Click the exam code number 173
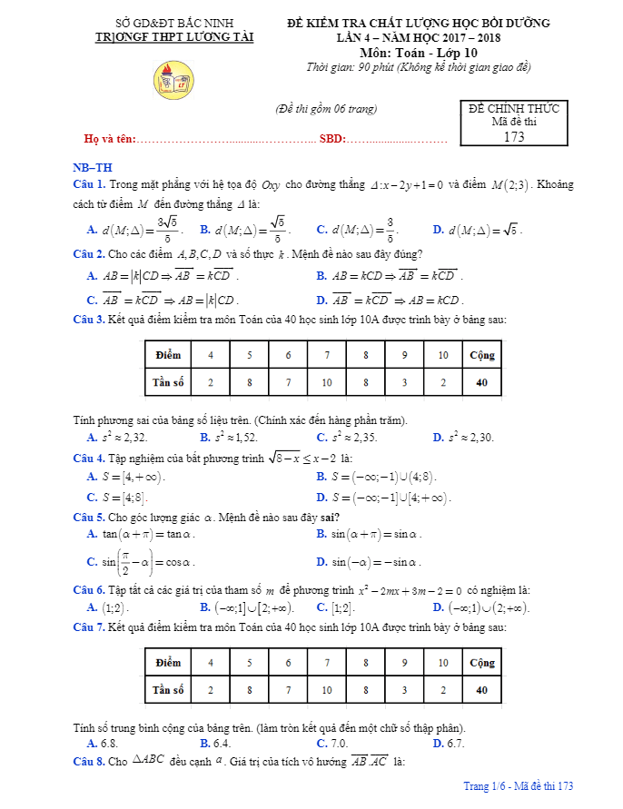[514, 137]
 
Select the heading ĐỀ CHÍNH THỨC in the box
[514, 108]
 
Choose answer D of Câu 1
[478, 229]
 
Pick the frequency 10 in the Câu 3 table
[327, 382]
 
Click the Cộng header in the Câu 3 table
[481, 354]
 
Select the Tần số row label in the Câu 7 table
[168, 690]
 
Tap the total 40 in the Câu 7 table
[481, 690]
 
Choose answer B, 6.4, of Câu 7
[215, 744]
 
